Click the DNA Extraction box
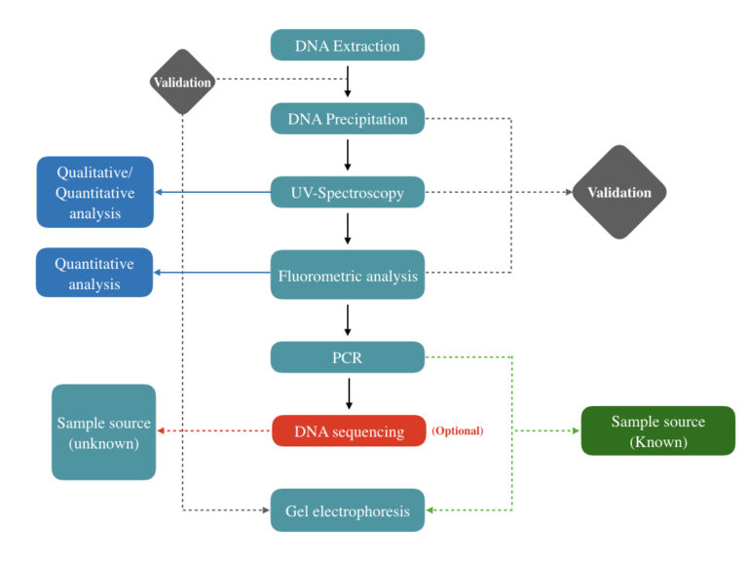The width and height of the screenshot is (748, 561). click(x=348, y=45)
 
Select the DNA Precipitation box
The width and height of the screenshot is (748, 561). click(x=348, y=119)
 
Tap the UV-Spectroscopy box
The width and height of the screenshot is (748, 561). click(x=348, y=192)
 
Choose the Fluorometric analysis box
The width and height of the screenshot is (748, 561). click(x=348, y=275)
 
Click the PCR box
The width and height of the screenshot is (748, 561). click(x=348, y=356)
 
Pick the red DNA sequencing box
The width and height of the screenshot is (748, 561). click(x=348, y=430)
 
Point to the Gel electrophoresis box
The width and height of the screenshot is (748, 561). click(x=348, y=509)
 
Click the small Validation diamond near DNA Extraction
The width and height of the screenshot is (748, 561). click(x=182, y=82)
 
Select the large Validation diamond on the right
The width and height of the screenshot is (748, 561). click(x=619, y=192)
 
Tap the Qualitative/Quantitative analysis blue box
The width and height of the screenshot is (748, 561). click(x=95, y=192)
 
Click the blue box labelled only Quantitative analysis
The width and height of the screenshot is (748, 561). click(x=95, y=273)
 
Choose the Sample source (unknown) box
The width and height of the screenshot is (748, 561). click(x=103, y=431)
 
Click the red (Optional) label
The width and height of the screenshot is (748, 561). click(x=457, y=430)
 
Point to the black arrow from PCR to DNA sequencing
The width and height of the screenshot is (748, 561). click(x=348, y=393)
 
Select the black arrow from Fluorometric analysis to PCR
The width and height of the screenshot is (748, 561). click(x=348, y=319)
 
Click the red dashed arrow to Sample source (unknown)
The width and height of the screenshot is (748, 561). click(x=214, y=430)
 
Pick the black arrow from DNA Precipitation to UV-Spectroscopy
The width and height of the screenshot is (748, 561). click(x=348, y=155)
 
